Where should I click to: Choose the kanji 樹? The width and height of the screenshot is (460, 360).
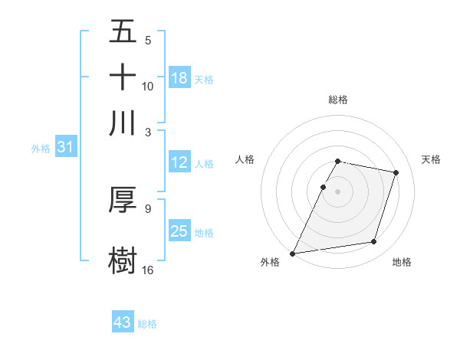[123, 259]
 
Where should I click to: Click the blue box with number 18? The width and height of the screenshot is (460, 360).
[179, 78]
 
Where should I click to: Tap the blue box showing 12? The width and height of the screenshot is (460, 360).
[179, 162]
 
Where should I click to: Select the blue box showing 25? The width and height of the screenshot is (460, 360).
[179, 231]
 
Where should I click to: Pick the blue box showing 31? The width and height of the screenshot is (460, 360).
[65, 148]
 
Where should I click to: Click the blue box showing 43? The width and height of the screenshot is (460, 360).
[123, 322]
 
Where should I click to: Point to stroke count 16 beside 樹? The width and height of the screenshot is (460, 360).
[148, 270]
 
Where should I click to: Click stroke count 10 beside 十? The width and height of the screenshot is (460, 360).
[148, 86]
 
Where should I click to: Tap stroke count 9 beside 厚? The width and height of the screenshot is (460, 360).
[148, 208]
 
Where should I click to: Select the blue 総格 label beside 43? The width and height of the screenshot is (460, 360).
[147, 324]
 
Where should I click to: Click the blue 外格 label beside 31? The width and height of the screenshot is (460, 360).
[40, 149]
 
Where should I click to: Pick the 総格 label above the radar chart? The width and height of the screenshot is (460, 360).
[338, 100]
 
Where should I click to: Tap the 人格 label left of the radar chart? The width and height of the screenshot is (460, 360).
[245, 159]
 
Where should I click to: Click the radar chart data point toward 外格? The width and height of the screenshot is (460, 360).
[293, 253]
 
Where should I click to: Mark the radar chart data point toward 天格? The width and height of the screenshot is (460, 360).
[396, 172]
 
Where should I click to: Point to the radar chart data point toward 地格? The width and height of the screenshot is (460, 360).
[374, 242]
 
